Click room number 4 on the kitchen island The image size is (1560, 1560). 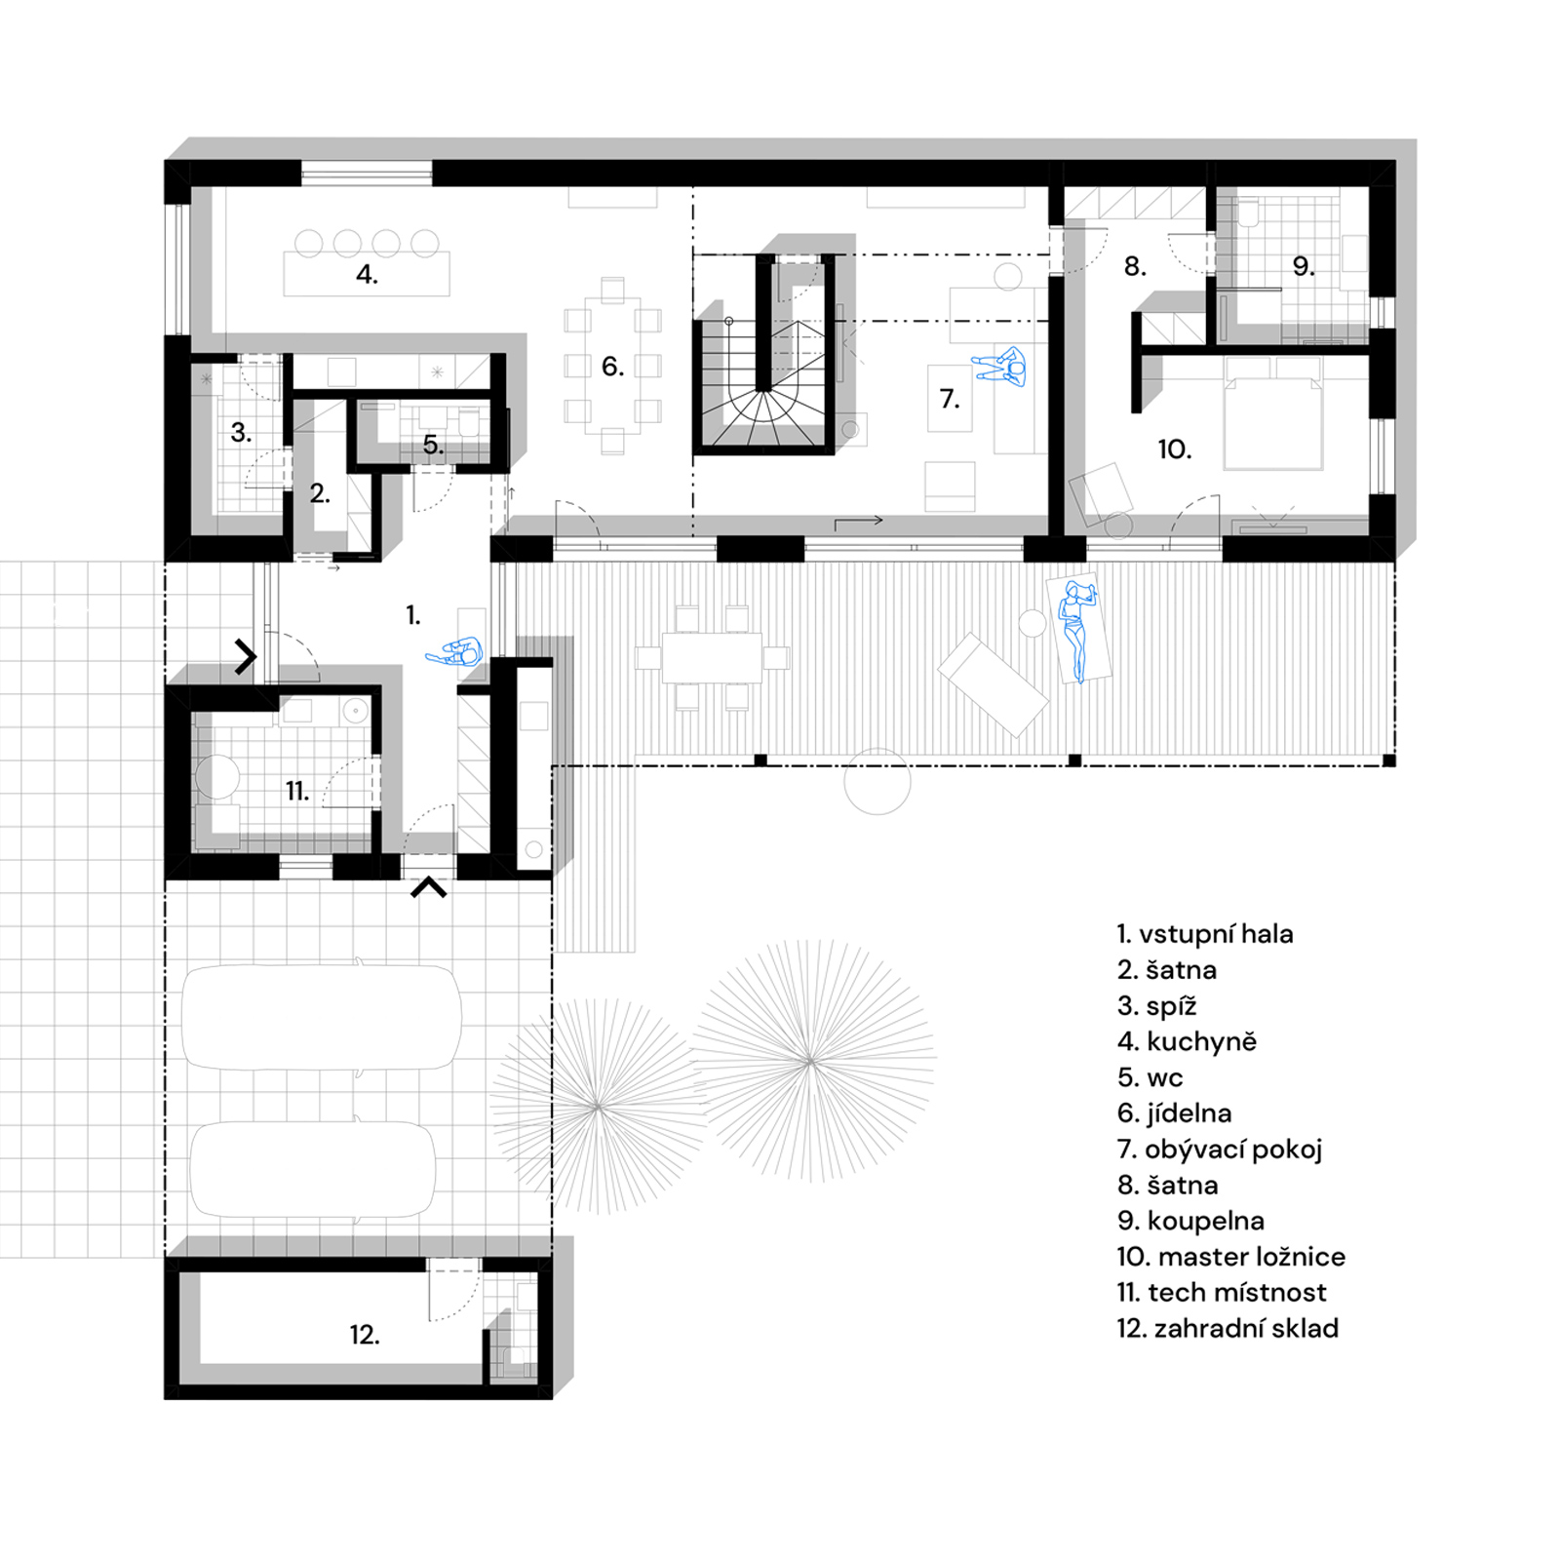tap(367, 274)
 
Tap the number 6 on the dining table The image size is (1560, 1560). tap(612, 367)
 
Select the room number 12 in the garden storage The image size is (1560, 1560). tap(365, 1334)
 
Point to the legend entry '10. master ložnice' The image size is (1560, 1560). tap(1230, 1256)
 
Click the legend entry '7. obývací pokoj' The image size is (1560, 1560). tap(1220, 1150)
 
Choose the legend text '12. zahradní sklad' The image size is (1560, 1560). tap(1228, 1328)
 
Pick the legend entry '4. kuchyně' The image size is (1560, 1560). tap(1187, 1041)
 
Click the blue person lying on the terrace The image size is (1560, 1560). tap(1077, 630)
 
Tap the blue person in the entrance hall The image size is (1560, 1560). tap(454, 652)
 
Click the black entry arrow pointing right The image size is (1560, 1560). tap(246, 656)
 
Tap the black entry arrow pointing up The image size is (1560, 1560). tap(428, 886)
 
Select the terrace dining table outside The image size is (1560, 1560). tap(712, 658)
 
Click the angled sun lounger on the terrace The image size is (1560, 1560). tap(993, 684)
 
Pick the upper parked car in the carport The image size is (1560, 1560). tap(322, 1018)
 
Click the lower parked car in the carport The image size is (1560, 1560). tap(312, 1169)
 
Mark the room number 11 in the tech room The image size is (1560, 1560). tap(297, 791)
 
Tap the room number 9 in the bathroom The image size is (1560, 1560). tap(1304, 266)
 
